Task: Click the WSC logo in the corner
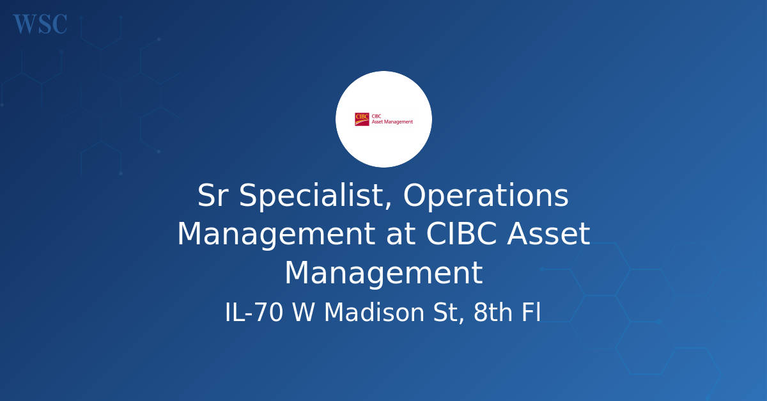[40, 24]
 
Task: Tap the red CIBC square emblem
[362, 119]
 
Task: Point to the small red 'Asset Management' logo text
[392, 122]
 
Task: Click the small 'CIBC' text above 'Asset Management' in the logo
[376, 116]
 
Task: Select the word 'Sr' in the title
[213, 195]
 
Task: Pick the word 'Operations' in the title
[486, 196]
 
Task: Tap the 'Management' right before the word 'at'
[276, 235]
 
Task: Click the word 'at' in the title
[401, 235]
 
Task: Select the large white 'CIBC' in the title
[461, 233]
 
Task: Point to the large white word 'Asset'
[548, 233]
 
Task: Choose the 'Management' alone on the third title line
[383, 273]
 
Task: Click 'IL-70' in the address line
[254, 312]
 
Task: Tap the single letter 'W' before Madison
[303, 312]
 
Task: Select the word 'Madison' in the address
[375, 312]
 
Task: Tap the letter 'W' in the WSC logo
[26, 24]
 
